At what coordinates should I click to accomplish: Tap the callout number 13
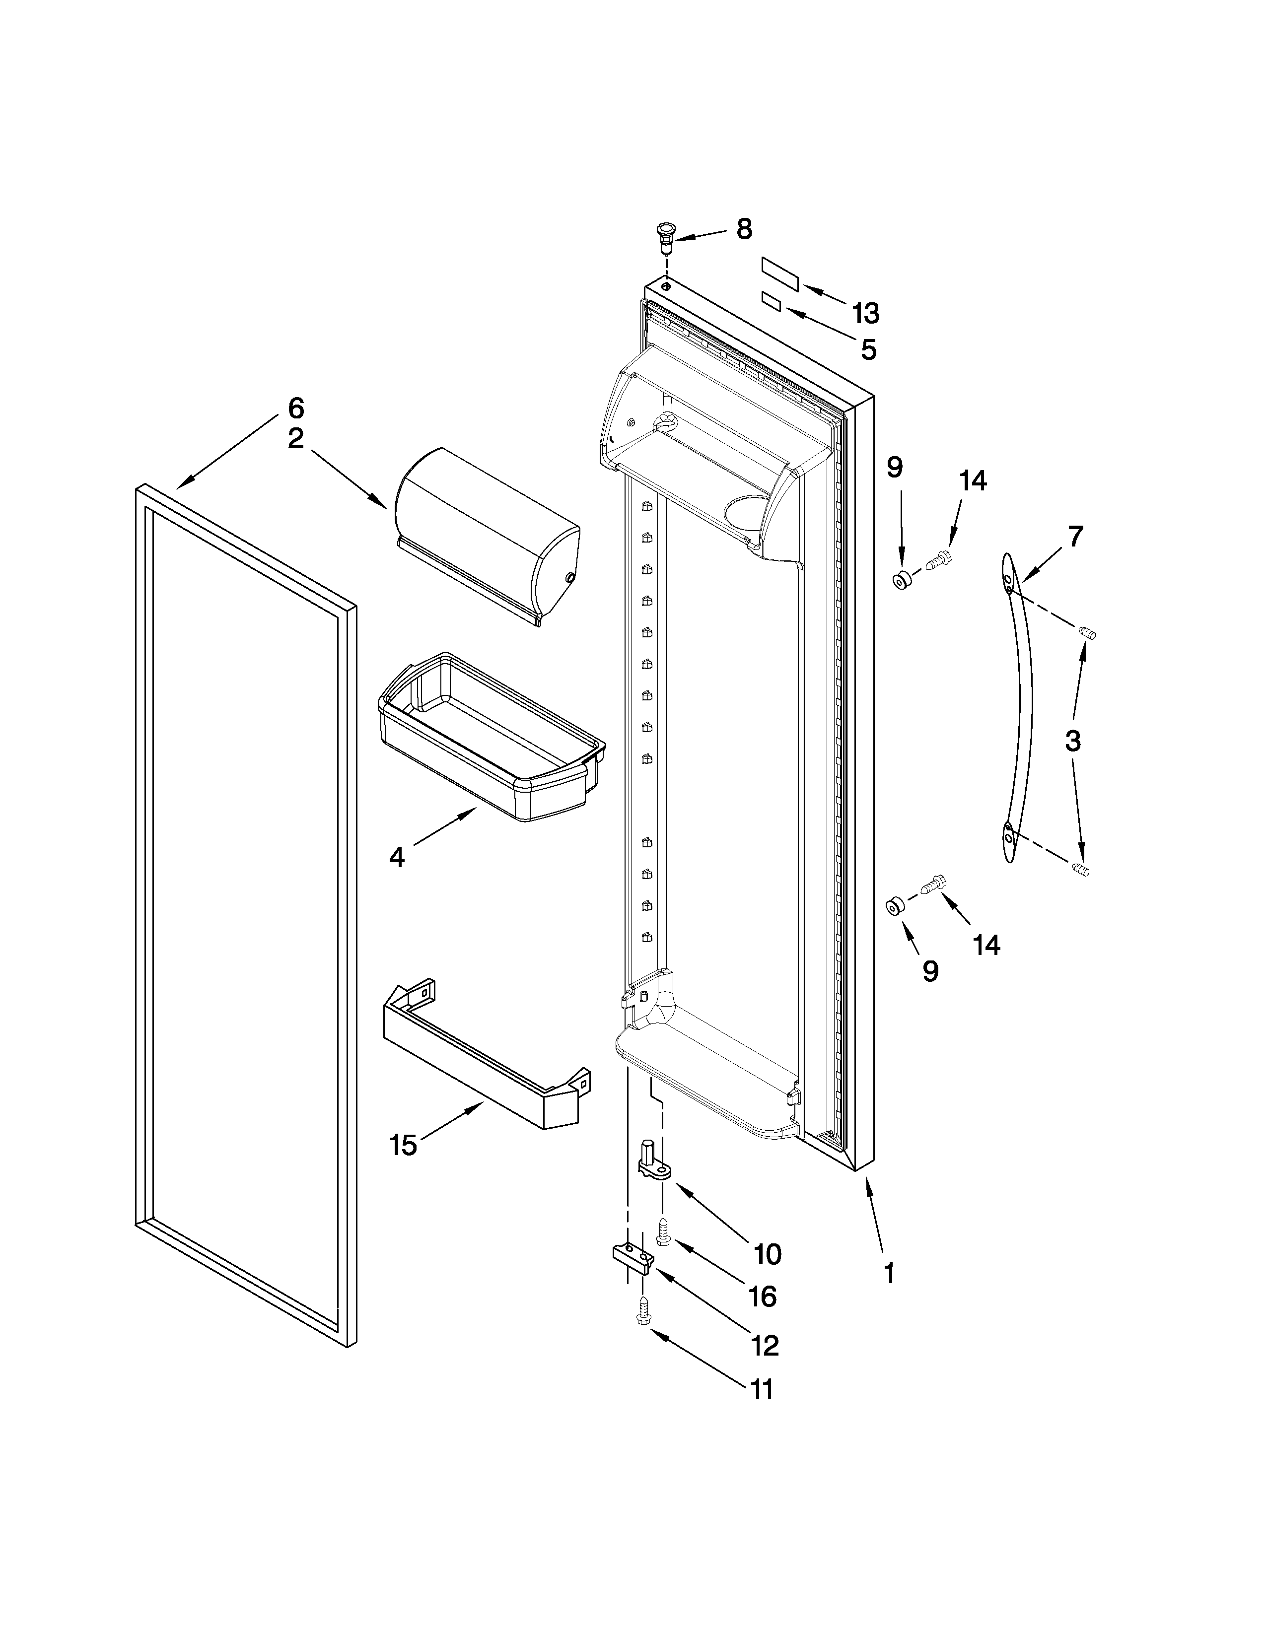[865, 314]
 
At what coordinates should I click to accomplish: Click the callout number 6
[296, 408]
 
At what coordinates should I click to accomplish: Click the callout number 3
[1072, 741]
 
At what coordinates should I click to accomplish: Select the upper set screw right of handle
[1087, 634]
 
